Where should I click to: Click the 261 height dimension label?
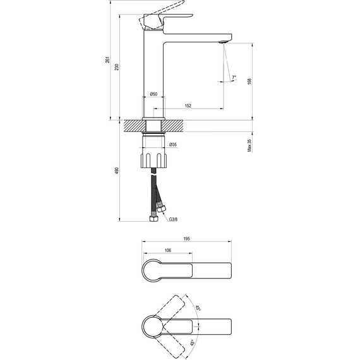(107, 60)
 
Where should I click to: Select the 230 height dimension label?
(117, 67)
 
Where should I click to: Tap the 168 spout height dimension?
(249, 81)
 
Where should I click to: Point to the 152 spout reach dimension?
(188, 106)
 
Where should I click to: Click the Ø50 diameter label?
(153, 94)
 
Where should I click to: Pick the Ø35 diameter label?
(173, 145)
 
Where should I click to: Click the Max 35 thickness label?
(249, 145)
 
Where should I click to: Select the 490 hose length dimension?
(117, 171)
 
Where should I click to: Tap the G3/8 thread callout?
(173, 219)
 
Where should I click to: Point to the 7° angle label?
(234, 78)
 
